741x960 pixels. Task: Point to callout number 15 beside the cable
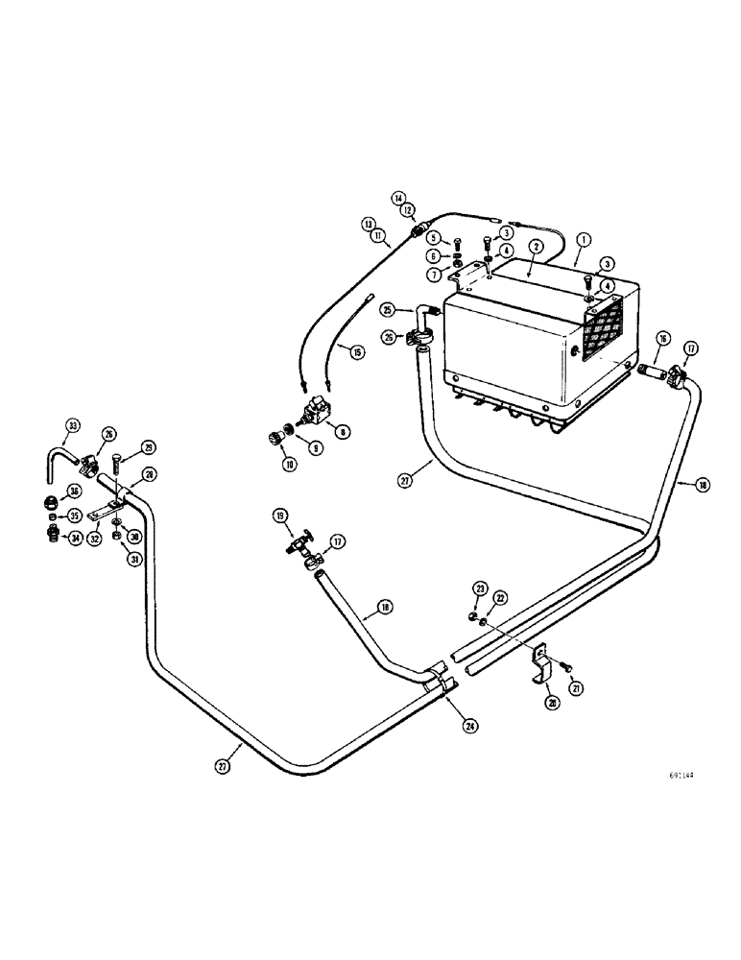point(358,352)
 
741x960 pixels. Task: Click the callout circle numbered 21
point(575,687)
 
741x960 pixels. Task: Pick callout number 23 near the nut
point(479,588)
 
